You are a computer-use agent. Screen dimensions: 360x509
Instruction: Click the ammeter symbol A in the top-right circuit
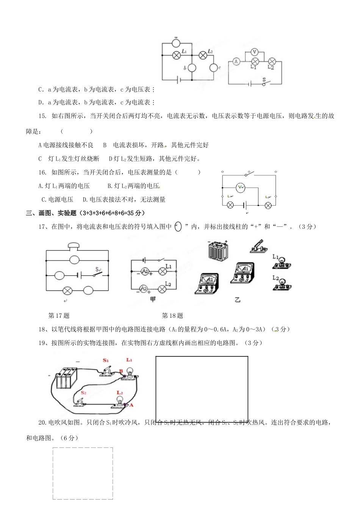[x=236, y=61]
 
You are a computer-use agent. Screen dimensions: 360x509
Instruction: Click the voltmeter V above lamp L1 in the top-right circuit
[x=255, y=52]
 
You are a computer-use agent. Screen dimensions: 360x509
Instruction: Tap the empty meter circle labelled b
[x=192, y=68]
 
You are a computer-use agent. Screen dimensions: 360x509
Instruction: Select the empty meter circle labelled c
[x=214, y=68]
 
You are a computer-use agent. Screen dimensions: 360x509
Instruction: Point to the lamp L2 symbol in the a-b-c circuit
[x=203, y=55]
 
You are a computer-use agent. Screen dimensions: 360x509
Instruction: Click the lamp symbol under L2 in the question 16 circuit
[x=268, y=205]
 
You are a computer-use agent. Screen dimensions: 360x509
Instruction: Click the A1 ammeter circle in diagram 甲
[x=144, y=271]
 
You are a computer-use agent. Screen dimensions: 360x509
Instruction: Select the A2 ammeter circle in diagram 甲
[x=144, y=289]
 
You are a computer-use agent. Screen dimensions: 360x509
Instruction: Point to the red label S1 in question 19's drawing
[x=106, y=360]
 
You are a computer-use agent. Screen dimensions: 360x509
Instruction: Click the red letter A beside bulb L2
[x=131, y=405]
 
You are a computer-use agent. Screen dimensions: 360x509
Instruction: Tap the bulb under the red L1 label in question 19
[x=130, y=372]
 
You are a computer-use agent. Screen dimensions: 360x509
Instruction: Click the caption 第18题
[x=172, y=315]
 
